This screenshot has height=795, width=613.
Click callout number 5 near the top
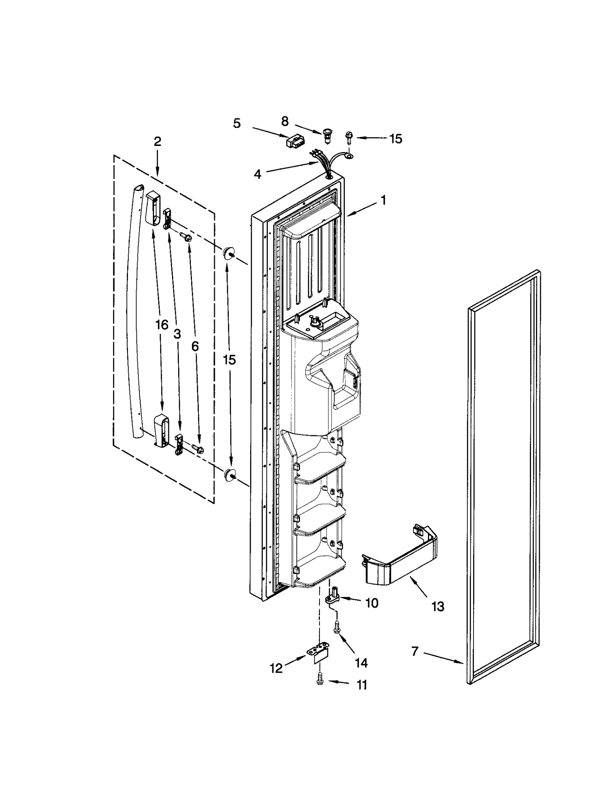237,123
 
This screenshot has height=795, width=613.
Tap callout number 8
285,121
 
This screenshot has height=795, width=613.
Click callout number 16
162,325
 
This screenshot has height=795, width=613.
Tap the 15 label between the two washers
229,360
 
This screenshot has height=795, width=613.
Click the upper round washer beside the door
229,253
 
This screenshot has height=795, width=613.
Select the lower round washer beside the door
229,475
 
